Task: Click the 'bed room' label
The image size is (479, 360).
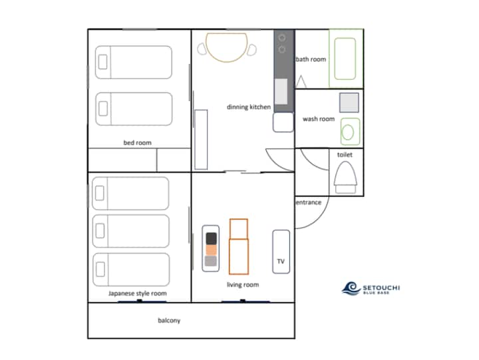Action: pos(137,142)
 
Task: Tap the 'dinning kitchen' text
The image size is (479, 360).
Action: pos(249,107)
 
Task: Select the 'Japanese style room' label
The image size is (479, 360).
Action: pos(138,293)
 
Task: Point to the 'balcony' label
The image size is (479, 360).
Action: pos(169,320)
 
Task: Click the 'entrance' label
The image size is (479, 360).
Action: pos(309,202)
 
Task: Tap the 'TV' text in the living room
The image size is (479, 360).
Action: pos(281,262)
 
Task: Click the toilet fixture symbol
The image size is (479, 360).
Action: pos(345,178)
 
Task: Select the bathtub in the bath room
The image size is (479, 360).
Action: pos(345,59)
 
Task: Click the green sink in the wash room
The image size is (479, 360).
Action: pos(350,132)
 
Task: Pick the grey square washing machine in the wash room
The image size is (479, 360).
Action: pos(349,102)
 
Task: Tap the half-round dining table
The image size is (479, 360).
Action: pos(226,47)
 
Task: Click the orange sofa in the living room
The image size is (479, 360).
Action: pos(239,246)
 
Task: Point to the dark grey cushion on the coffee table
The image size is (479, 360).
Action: pos(211,239)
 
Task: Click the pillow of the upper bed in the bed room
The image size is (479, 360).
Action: pos(102,62)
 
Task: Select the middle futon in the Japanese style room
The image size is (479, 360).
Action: pos(131,231)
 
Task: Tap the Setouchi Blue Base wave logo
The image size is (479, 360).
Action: pos(351,288)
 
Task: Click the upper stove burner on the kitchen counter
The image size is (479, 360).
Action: pos(282,38)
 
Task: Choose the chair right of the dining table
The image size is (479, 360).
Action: pos(251,50)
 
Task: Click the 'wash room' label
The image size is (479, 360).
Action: pos(319,119)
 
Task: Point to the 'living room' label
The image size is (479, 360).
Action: pos(243,285)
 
